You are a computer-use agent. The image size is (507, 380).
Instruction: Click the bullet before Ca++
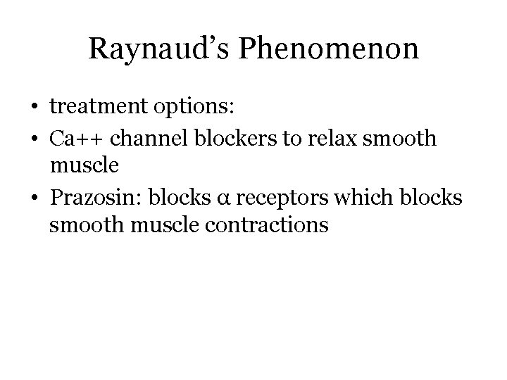(x=34, y=139)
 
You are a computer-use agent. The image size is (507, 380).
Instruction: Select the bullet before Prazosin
(x=34, y=198)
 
